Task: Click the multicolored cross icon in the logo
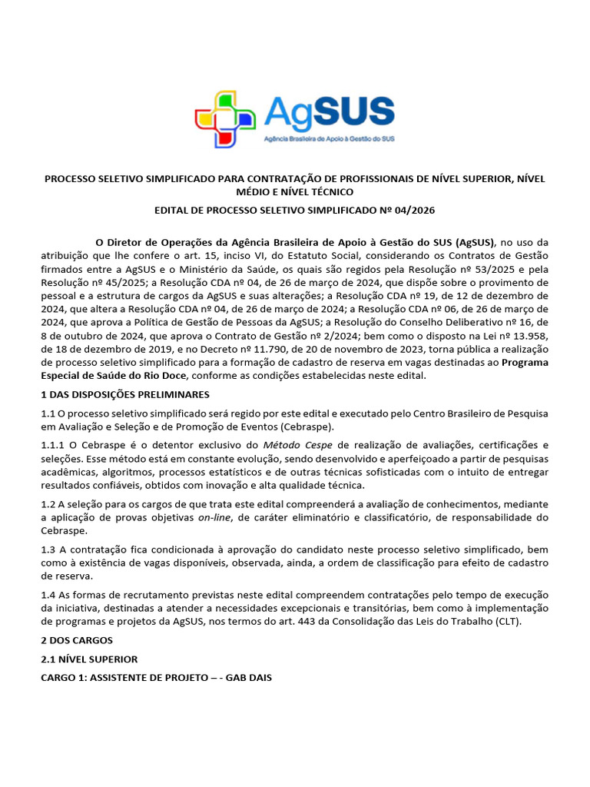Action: pyautogui.click(x=225, y=119)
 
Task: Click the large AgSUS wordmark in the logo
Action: pyautogui.click(x=329, y=113)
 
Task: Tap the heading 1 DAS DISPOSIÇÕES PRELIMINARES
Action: pyautogui.click(x=125, y=394)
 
